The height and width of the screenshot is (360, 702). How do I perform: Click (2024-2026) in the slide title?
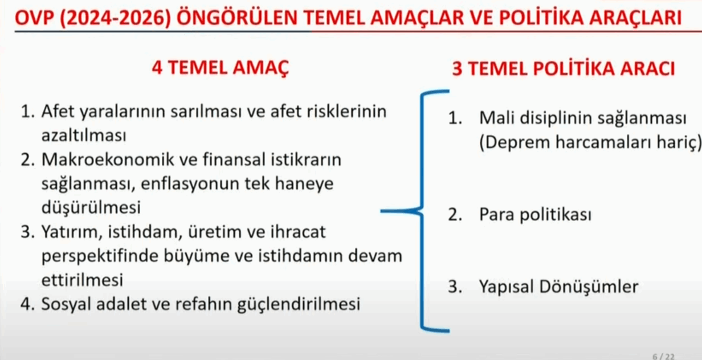[115, 18]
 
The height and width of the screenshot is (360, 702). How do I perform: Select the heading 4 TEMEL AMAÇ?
[221, 67]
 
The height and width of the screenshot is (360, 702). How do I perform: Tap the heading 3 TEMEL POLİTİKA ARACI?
[564, 68]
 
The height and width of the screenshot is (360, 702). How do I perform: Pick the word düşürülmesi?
[91, 207]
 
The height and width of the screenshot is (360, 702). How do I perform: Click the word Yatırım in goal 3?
[72, 232]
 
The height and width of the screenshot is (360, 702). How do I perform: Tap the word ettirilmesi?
[82, 280]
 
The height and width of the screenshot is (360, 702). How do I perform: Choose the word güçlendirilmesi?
[299, 304]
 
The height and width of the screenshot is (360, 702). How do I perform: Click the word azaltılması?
[84, 136]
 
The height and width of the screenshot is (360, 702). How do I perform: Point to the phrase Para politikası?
[535, 215]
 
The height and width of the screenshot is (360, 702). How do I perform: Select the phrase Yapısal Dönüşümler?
[559, 287]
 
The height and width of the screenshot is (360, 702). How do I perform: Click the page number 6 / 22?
[663, 357]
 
